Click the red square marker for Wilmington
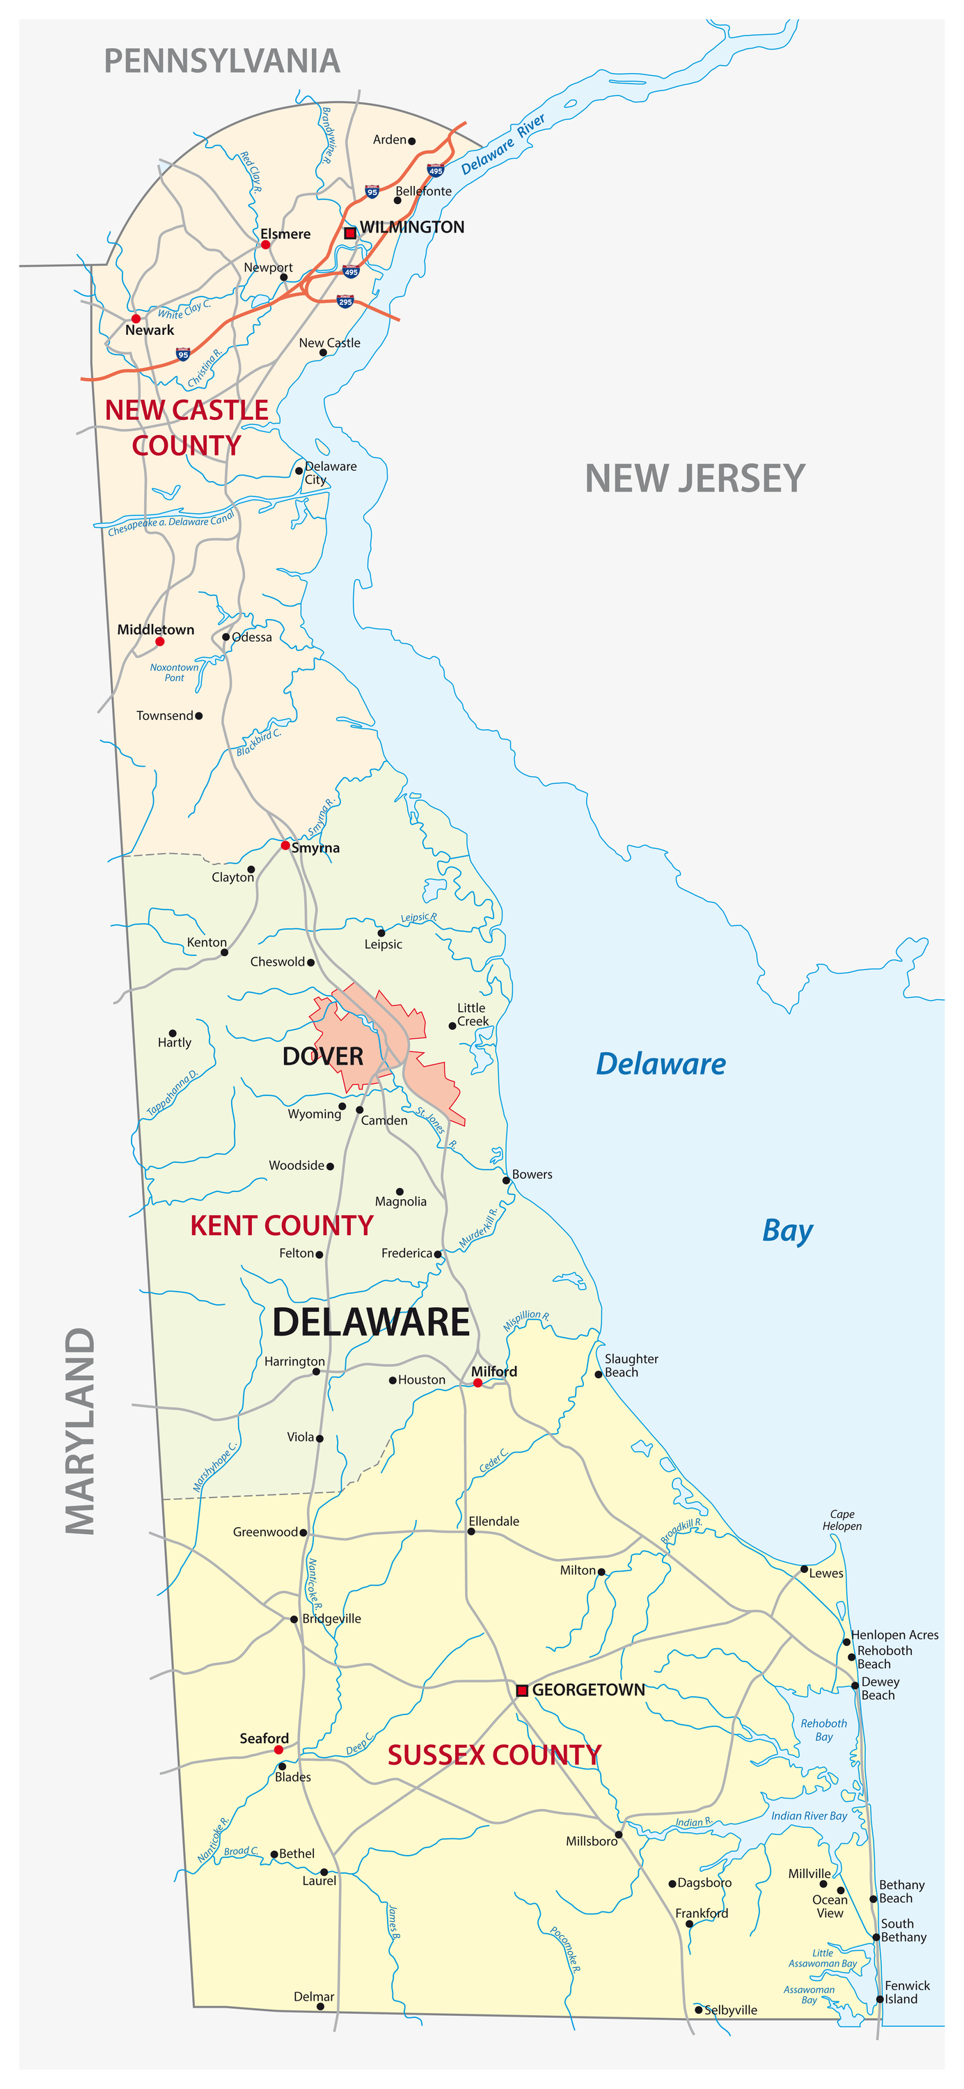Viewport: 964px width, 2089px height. tap(350, 233)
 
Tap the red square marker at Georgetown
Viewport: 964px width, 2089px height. tap(522, 1690)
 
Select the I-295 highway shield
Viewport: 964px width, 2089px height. tap(345, 302)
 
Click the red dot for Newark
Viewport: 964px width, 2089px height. tap(136, 319)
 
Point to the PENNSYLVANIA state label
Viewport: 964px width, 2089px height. tap(222, 62)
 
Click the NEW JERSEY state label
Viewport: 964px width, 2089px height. tap(695, 478)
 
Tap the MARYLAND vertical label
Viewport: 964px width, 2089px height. tap(80, 1432)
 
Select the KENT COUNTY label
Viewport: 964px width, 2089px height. tap(281, 1226)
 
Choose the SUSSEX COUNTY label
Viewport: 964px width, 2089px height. tap(493, 1755)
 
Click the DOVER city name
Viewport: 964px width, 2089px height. tap(323, 1056)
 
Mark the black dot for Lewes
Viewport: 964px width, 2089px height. tap(803, 1568)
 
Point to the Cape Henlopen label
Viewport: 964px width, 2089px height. tap(841, 1519)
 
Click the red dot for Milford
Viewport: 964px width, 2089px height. tap(477, 1383)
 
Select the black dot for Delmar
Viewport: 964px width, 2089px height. tap(320, 2006)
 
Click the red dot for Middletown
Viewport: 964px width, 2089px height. tap(159, 641)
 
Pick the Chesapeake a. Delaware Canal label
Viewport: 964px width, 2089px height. tap(171, 522)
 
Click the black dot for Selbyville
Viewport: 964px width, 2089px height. tap(698, 2010)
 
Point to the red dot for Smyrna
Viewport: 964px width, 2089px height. tap(285, 845)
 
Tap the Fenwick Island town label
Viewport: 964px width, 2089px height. tap(906, 1992)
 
